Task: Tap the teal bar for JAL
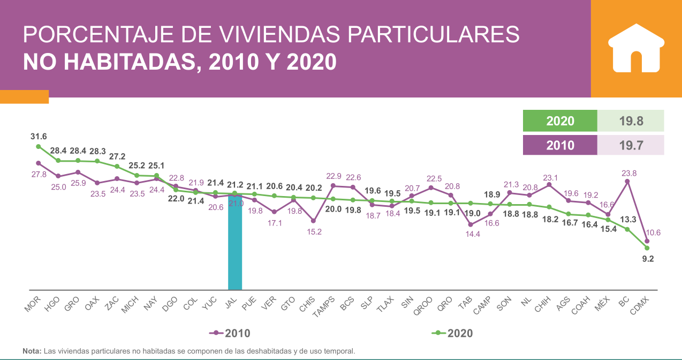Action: click(x=235, y=242)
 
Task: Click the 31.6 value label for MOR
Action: click(x=38, y=137)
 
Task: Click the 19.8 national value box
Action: click(x=630, y=121)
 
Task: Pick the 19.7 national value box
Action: click(x=630, y=145)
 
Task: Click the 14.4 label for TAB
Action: click(x=471, y=235)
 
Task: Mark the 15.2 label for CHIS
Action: click(x=313, y=231)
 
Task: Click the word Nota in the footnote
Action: click(x=32, y=351)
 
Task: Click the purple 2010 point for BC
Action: click(x=627, y=182)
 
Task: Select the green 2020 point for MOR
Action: click(x=38, y=146)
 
